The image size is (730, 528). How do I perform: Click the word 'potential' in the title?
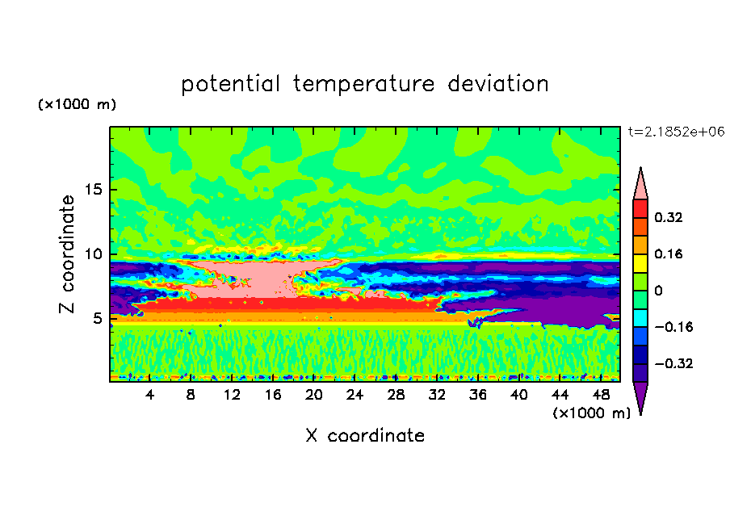tap(230, 84)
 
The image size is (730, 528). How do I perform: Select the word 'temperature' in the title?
tap(363, 84)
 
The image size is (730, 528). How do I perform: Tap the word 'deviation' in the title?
tap(498, 84)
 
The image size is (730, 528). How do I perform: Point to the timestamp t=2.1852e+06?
tap(676, 132)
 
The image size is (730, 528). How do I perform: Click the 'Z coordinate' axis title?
tap(66, 254)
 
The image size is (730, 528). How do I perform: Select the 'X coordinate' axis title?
tap(365, 435)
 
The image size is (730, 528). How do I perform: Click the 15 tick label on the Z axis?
tap(94, 190)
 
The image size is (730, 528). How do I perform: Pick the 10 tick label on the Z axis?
tap(94, 254)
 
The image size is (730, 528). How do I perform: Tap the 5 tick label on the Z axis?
tap(97, 318)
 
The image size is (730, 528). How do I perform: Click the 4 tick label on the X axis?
tap(149, 395)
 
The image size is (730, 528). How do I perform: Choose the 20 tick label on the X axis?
tap(313, 395)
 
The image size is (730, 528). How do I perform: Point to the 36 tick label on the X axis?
tap(478, 395)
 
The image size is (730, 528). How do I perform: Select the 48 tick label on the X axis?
tap(601, 395)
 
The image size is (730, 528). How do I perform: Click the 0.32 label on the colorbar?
tap(668, 217)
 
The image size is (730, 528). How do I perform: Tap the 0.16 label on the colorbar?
tap(668, 254)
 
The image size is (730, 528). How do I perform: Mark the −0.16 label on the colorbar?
tap(673, 327)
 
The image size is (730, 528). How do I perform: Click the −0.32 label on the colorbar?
tap(673, 363)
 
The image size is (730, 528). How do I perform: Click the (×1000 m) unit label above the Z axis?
tap(77, 104)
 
